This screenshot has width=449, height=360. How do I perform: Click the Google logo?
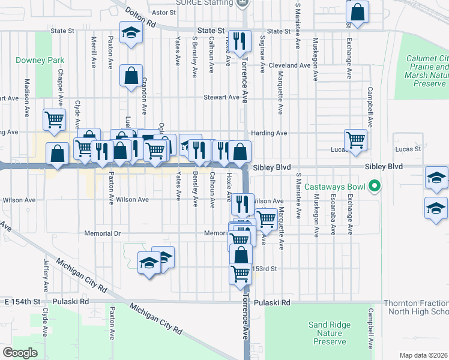coord(20,352)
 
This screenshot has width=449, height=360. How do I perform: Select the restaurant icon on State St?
coord(240,40)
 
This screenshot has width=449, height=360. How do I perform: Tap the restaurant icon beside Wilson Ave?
coord(241,203)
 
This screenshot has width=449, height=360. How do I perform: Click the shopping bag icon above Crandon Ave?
coord(131,76)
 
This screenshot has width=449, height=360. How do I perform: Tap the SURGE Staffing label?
coord(204,3)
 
